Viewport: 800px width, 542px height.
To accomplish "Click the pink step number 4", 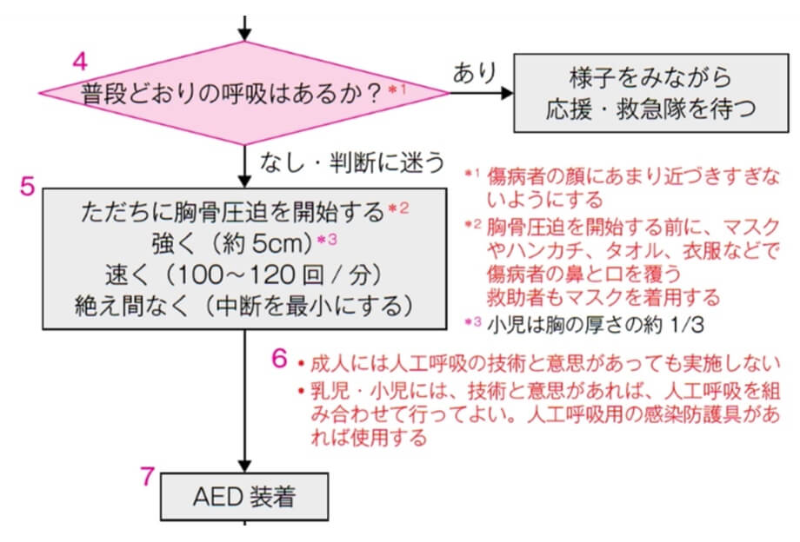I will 80,62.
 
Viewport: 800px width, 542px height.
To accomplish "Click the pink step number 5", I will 27,186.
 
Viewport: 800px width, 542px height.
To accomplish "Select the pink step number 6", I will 279,357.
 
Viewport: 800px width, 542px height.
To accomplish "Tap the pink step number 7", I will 148,476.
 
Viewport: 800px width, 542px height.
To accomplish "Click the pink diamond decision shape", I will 243,92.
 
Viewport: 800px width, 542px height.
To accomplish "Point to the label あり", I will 473,73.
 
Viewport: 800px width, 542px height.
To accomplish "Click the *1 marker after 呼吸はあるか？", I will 397,89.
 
